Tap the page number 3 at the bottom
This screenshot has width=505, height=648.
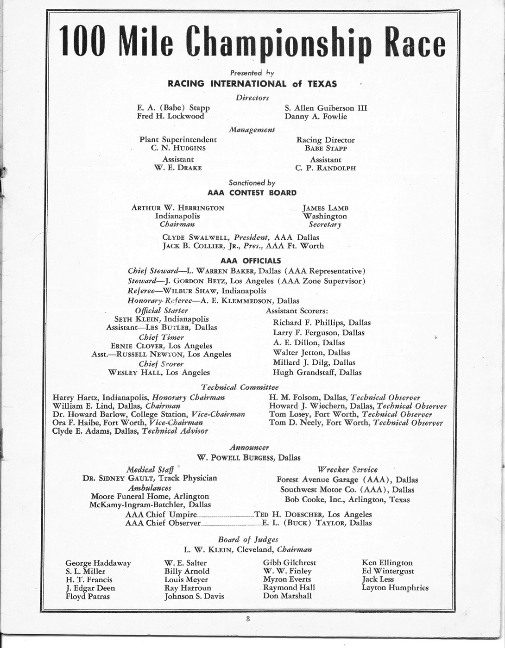point(248,618)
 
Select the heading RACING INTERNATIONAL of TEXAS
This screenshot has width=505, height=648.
point(252,84)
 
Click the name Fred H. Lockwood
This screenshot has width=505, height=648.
point(170,116)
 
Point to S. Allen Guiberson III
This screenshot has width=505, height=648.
point(326,108)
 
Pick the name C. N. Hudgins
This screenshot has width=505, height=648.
point(178,148)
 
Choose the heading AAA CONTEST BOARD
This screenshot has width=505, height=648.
point(252,193)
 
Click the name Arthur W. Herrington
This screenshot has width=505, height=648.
point(178,208)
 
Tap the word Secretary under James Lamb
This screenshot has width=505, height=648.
point(325,224)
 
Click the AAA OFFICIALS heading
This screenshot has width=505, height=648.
point(251,261)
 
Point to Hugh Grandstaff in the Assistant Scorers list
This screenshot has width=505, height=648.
point(317,372)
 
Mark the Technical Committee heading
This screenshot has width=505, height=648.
point(240,387)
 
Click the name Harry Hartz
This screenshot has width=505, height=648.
point(75,398)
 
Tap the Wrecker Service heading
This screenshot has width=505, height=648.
point(347,469)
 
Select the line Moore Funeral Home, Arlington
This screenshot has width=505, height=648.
point(150,496)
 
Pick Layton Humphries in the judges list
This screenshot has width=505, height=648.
point(395,588)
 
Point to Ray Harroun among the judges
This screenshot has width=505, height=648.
point(188,588)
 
